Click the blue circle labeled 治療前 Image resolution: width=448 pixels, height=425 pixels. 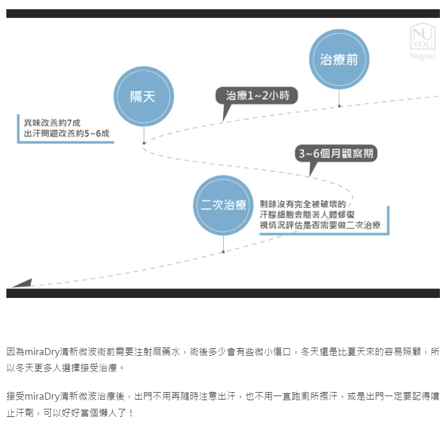(x=339, y=59)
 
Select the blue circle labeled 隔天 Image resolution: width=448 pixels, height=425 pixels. (x=144, y=96)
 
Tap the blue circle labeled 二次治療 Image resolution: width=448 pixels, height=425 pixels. (x=223, y=205)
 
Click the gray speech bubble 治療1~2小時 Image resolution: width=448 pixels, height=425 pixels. (x=257, y=96)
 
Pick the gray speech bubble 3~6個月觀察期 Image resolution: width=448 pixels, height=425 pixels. (x=336, y=154)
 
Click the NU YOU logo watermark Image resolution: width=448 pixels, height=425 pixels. (x=423, y=36)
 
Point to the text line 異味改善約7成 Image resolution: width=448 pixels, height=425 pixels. (x=52, y=123)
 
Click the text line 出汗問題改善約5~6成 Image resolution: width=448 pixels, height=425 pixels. (x=66, y=133)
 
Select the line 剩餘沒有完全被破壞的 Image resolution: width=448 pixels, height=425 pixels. (x=302, y=204)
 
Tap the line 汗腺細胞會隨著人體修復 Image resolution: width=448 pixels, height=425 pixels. (x=307, y=214)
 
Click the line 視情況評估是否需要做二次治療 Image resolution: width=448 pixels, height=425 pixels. (x=320, y=225)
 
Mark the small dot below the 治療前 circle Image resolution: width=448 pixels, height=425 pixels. (x=339, y=106)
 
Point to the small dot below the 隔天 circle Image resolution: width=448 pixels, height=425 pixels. (x=144, y=143)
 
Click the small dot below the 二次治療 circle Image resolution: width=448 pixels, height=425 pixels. (x=223, y=252)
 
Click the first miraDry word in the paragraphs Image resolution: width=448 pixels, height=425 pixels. (x=42, y=352)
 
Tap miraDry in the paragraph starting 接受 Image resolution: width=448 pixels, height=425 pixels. (x=42, y=396)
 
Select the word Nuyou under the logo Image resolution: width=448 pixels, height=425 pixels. (x=423, y=56)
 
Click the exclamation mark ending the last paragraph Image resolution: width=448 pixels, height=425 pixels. (x=131, y=413)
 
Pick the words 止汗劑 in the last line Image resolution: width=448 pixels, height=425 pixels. (x=20, y=413)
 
